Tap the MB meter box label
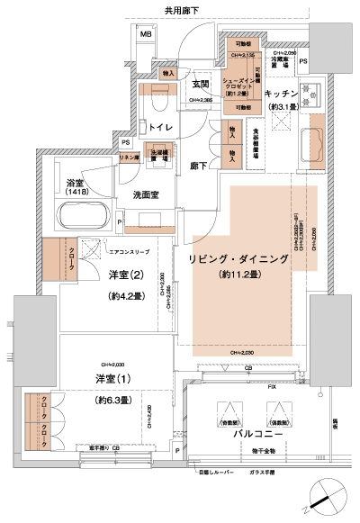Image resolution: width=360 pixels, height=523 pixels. pyautogui.click(x=146, y=34)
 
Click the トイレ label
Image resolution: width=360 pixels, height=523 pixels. pyautogui.click(x=161, y=128)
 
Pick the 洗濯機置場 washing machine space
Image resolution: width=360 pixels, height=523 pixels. pyautogui.click(x=158, y=156)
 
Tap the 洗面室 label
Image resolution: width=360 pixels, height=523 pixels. pyautogui.click(x=148, y=194)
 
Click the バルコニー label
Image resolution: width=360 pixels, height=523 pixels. pyautogui.click(x=254, y=433)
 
